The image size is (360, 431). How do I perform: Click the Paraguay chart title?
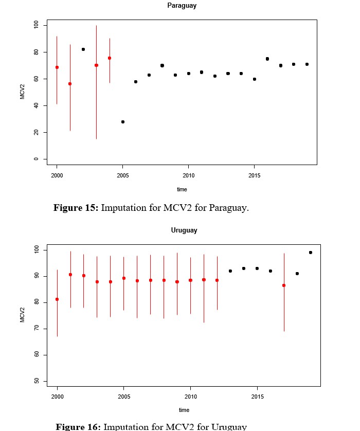pyautogui.click(x=182, y=6)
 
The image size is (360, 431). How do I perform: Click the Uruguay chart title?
pyautogui.click(x=184, y=230)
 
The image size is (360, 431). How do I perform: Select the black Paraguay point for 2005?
pyautogui.click(x=122, y=122)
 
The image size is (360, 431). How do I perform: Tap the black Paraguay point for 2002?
pyautogui.click(x=83, y=49)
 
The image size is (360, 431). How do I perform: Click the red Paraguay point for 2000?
pyautogui.click(x=57, y=67)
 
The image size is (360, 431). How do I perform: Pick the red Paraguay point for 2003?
pyautogui.click(x=96, y=65)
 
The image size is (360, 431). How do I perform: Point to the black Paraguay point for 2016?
pyautogui.click(x=267, y=59)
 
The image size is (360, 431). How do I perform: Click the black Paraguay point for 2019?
pyautogui.click(x=307, y=64)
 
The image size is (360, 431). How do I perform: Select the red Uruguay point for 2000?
pyautogui.click(x=57, y=299)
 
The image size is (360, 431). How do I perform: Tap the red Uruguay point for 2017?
pyautogui.click(x=284, y=285)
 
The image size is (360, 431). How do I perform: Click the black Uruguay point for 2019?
pyautogui.click(x=311, y=253)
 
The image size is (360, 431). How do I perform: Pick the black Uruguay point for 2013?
pyautogui.click(x=230, y=271)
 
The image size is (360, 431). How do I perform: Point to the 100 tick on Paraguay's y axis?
pyautogui.click(x=36, y=25)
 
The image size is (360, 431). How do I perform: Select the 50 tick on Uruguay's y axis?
pyautogui.click(x=36, y=381)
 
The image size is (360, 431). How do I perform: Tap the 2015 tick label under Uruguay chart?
pyautogui.click(x=257, y=397)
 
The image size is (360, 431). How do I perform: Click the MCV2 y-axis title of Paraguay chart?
pyautogui.click(x=23, y=92)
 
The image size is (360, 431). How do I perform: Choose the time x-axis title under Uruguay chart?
pyautogui.click(x=184, y=410)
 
